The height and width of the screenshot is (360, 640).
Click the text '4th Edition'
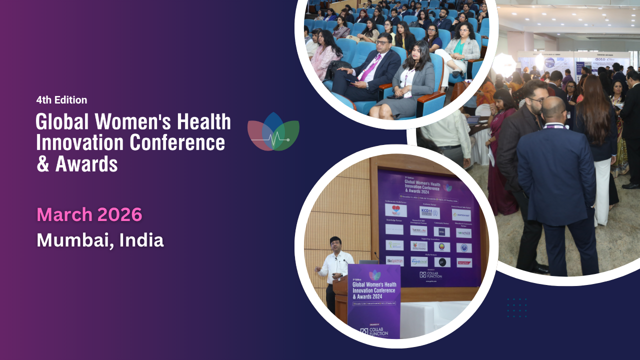coord(61,100)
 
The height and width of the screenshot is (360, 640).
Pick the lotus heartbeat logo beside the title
coord(273,132)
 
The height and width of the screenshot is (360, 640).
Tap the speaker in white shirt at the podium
coord(334,265)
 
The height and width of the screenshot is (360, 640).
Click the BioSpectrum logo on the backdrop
coord(395,260)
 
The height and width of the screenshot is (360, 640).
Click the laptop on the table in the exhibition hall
coord(473,120)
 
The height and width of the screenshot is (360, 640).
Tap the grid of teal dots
coord(516,307)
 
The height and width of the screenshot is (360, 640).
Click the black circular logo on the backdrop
coord(442,261)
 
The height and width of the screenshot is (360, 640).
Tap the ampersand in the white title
coord(43,164)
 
